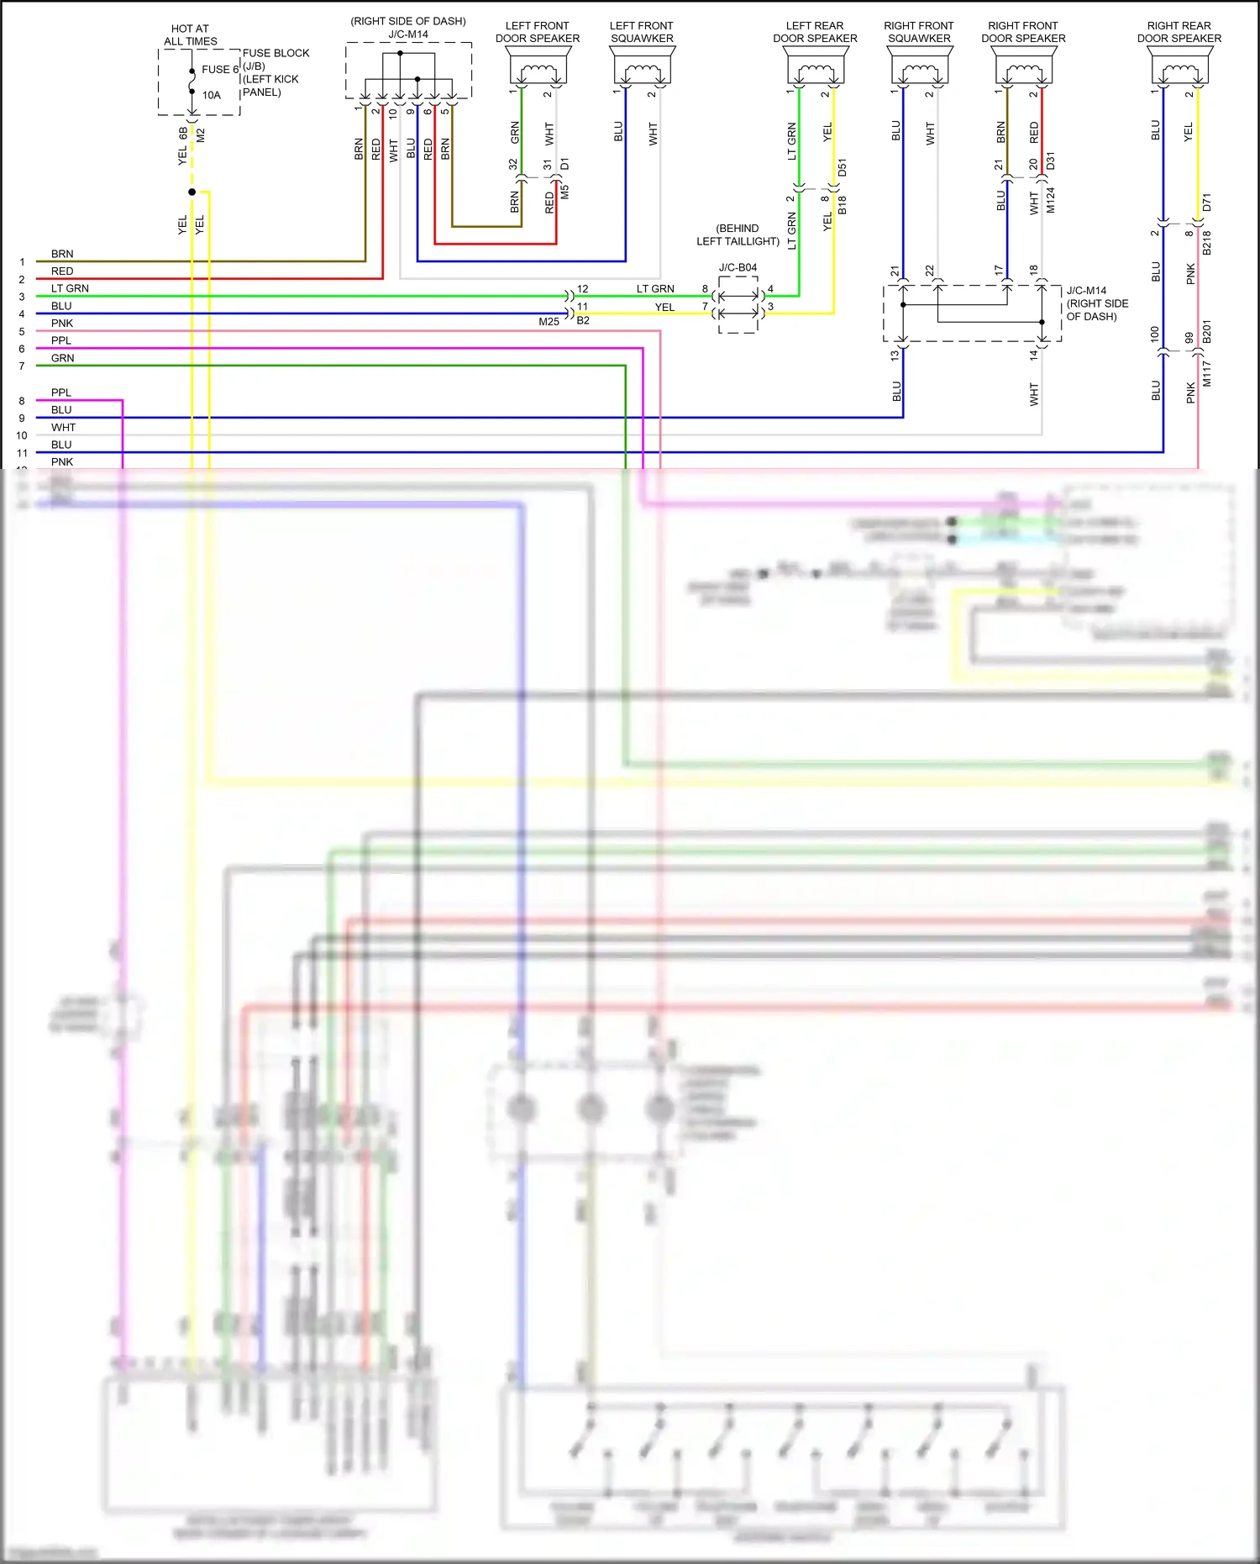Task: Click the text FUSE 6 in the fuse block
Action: coord(219,70)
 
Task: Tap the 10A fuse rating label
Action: coord(212,95)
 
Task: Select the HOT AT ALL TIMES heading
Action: coord(191,34)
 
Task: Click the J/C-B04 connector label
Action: coord(738,267)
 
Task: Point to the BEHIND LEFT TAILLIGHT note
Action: coord(738,234)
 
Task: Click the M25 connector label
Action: coord(549,322)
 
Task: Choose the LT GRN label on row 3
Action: coord(70,288)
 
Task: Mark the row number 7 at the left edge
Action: coord(22,366)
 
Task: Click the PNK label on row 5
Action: coord(62,324)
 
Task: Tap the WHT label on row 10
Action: coord(63,428)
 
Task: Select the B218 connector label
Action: coord(1207,242)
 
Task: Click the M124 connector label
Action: coord(1051,200)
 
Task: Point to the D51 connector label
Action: coord(843,166)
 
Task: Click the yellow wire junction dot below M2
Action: coord(192,192)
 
